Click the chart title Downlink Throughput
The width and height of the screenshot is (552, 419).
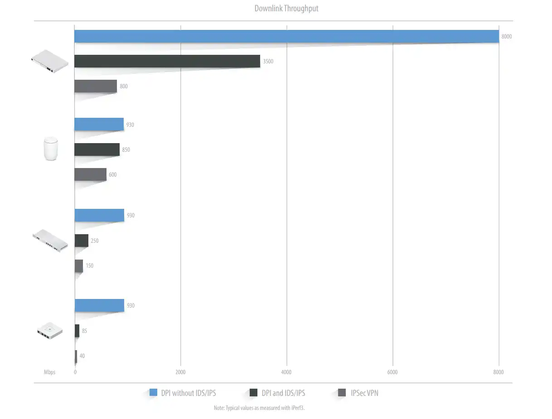tap(286, 9)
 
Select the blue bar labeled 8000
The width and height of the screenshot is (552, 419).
tap(286, 36)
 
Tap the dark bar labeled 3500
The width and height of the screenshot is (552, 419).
tap(167, 61)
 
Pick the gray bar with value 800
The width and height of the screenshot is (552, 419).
tap(96, 86)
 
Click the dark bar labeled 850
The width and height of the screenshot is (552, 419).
tap(97, 149)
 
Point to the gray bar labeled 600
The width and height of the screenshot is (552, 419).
tap(91, 174)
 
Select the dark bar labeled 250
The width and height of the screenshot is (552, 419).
tap(82, 241)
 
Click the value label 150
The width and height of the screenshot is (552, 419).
tap(90, 266)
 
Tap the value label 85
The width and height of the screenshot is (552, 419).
tap(84, 331)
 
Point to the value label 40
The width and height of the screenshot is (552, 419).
tap(82, 356)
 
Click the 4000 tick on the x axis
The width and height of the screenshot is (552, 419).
tap(286, 372)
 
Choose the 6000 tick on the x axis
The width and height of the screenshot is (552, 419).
tap(392, 372)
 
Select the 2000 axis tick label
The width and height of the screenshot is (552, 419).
tap(180, 372)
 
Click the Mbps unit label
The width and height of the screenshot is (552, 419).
tap(49, 372)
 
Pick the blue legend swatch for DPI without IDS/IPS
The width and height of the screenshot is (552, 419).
tap(153, 393)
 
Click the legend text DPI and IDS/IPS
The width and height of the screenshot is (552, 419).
tap(283, 393)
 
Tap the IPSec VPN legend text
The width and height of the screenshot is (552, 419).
tap(364, 393)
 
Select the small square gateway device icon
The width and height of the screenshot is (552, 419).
tap(48, 331)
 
